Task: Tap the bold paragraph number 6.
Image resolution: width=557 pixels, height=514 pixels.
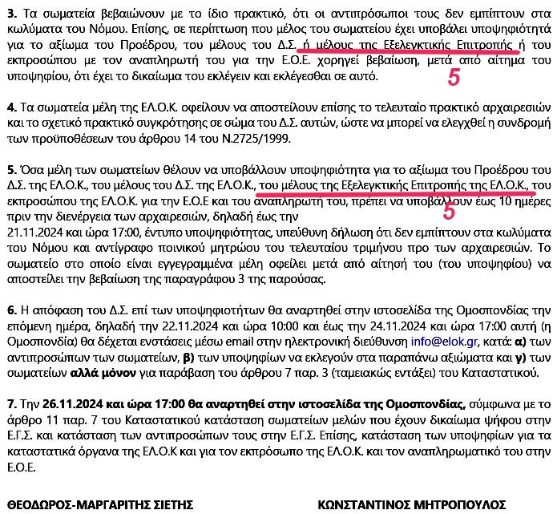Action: [x=10, y=309]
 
